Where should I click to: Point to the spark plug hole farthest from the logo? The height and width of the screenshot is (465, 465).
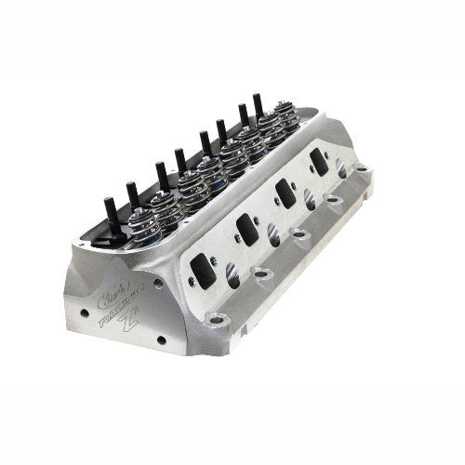click(x=342, y=172)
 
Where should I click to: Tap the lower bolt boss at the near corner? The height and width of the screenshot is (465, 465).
click(x=219, y=320)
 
